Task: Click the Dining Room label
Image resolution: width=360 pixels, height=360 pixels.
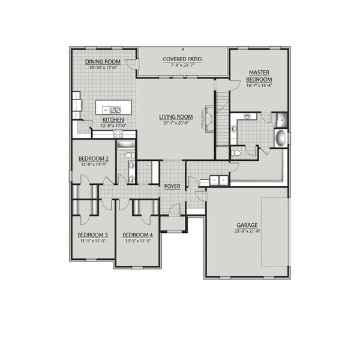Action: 103,62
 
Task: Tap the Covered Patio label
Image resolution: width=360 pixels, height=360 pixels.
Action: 182,59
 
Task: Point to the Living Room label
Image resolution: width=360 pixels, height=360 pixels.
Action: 175,116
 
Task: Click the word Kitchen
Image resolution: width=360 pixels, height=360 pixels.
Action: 113,120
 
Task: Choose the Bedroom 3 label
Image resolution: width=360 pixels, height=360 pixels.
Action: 92,235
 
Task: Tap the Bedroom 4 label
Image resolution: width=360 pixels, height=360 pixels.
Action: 137,235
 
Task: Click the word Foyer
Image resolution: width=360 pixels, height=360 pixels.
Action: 172,187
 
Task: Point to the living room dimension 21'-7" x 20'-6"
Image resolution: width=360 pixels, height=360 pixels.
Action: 175,122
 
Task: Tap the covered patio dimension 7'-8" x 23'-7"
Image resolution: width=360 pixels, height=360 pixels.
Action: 182,65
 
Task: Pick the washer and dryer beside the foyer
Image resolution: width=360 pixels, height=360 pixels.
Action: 217,178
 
